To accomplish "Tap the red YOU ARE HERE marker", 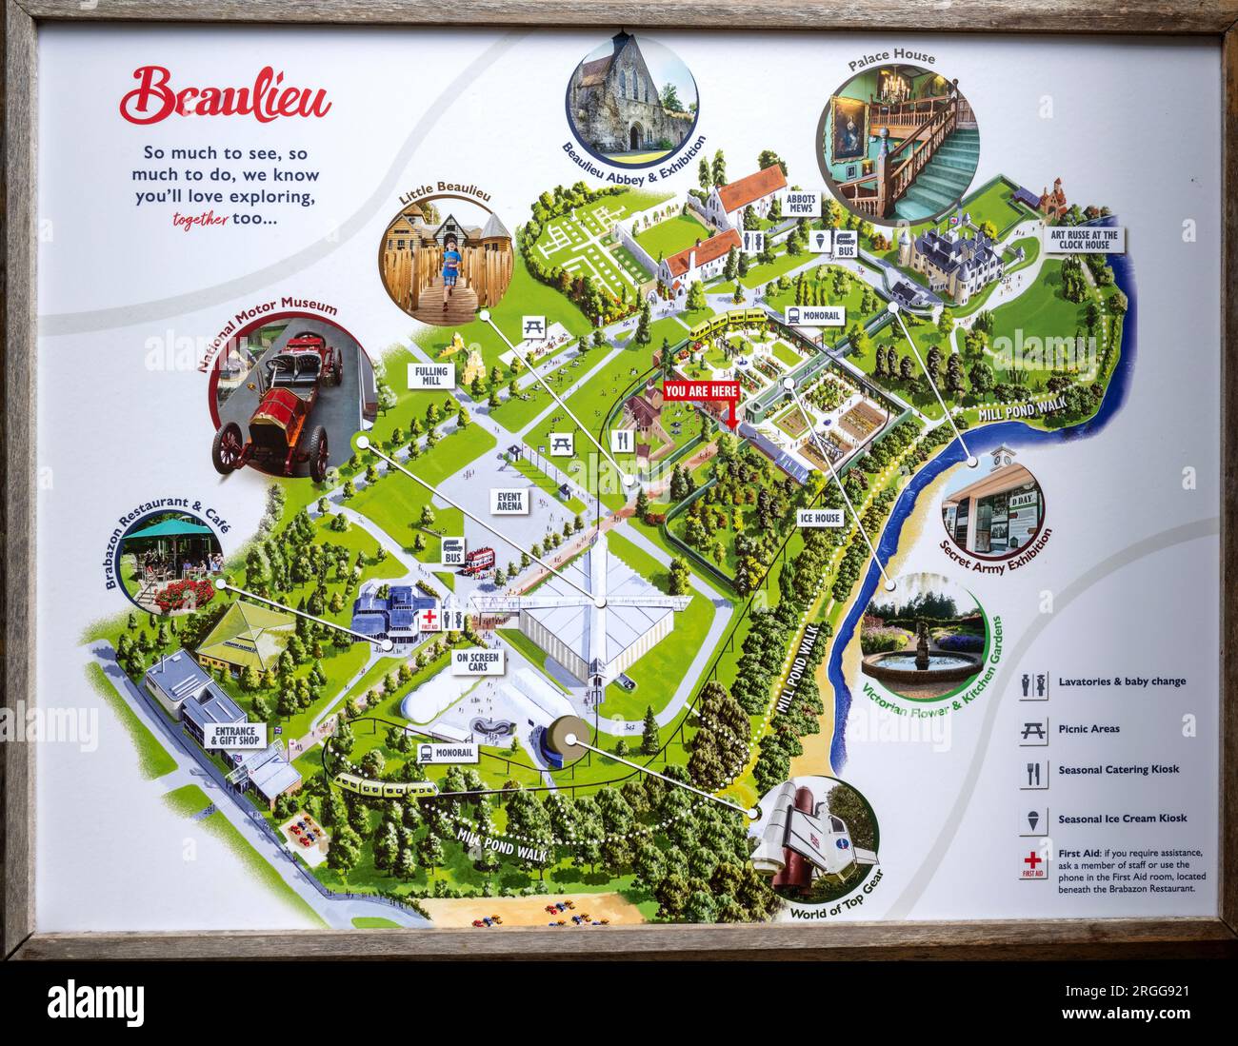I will tap(701, 391).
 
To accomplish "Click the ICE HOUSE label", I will tap(819, 519).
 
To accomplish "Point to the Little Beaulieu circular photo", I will tap(445, 252).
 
